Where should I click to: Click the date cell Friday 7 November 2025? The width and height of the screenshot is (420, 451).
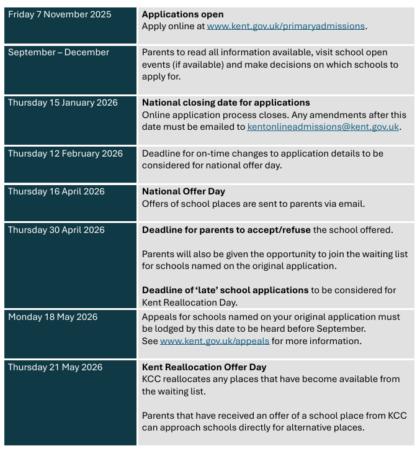pos(60,14)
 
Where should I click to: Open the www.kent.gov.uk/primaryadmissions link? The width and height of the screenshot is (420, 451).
pos(286,26)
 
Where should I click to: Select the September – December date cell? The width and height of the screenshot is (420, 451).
pos(58,52)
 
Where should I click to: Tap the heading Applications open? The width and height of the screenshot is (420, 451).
pos(182,14)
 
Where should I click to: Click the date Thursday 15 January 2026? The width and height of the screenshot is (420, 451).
pos(63,102)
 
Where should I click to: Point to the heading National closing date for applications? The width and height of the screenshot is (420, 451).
pos(226,102)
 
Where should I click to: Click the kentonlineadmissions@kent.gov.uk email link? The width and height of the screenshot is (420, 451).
pos(323,127)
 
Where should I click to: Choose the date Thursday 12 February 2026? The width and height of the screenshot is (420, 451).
pos(65,153)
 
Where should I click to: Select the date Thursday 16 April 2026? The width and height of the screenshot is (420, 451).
pos(56,191)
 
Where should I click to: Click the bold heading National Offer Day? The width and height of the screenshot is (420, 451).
pos(184,191)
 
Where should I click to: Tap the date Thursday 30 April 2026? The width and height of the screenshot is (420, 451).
pos(56,230)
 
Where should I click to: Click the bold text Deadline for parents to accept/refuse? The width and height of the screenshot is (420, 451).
pos(226,230)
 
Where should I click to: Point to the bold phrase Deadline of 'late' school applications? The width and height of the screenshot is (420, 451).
pos(225,290)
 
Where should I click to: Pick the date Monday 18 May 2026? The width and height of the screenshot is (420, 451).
pos(53,317)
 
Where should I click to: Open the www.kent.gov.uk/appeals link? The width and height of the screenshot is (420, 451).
pos(215,341)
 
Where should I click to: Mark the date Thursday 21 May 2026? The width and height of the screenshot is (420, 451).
pos(55,367)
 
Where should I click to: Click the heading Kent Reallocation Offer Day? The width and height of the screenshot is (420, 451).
pos(204,367)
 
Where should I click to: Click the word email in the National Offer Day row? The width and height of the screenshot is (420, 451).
pos(352,204)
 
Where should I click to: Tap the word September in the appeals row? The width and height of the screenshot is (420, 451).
pos(341,329)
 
